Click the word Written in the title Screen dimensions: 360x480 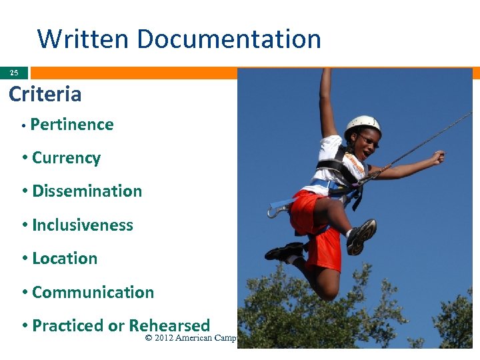81,39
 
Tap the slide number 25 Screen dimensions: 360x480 14,73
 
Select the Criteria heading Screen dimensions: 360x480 45,94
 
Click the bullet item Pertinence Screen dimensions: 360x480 72,125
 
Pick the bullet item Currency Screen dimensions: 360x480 66,158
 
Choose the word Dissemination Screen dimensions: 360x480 87,191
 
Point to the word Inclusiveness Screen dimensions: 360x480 83,225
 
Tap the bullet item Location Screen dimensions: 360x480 65,259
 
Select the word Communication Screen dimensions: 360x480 93,293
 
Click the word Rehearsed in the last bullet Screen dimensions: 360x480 169,326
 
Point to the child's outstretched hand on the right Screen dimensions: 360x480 437,157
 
